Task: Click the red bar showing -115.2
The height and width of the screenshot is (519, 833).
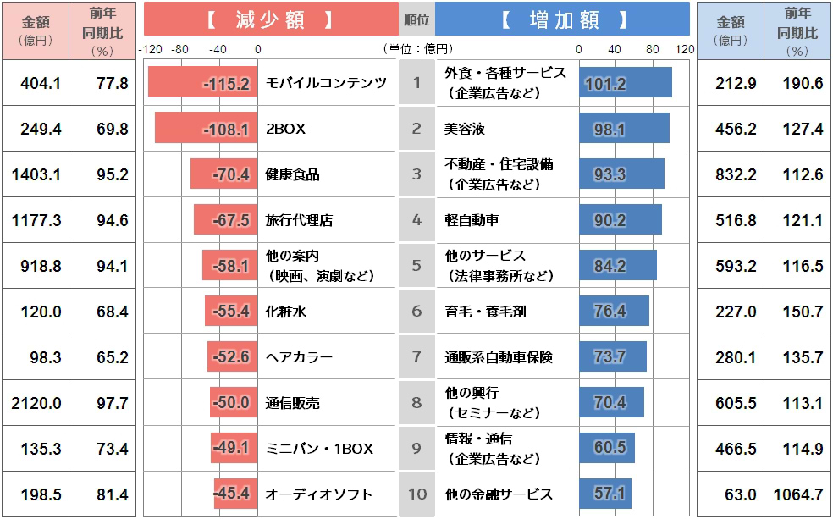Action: coord(202,82)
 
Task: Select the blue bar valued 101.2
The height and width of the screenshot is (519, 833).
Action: coord(626,82)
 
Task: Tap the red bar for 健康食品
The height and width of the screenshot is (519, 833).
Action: coord(223,174)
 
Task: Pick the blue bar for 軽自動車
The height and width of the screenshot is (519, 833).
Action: coord(621,220)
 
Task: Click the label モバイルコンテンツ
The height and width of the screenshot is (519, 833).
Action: coord(326,82)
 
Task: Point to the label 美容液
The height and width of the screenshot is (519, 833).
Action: coord(465,129)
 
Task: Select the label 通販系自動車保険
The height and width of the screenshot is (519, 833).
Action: coord(499,357)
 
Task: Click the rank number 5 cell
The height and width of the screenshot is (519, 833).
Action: coord(416,266)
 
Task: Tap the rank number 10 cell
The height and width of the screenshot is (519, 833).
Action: coord(416,494)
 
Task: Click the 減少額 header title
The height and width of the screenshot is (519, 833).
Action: coord(270,19)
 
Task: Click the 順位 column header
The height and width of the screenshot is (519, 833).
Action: coord(416,19)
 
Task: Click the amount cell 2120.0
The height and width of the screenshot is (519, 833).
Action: coord(36,403)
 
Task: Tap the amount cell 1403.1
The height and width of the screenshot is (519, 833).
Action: coord(36,174)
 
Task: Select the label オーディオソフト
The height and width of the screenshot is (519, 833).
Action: coord(319,494)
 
